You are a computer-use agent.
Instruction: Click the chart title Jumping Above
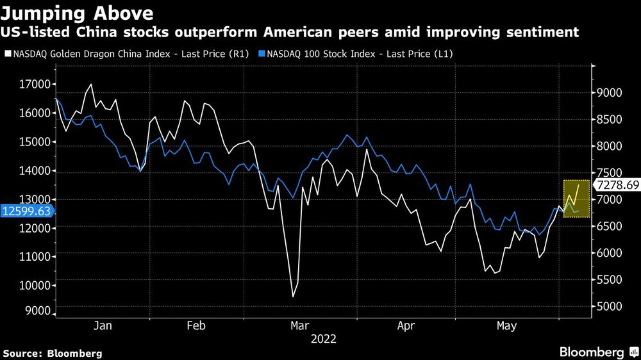tap(77, 13)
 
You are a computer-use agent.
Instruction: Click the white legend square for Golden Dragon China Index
tap(8, 54)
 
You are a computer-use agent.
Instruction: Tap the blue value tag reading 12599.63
tap(26, 211)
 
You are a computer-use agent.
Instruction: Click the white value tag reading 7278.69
tap(616, 185)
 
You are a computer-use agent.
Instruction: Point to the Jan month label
tap(103, 326)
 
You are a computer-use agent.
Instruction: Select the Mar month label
tap(300, 326)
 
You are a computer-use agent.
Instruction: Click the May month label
tap(506, 326)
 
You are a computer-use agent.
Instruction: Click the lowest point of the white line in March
tap(293, 296)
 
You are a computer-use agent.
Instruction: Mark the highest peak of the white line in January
tap(90, 84)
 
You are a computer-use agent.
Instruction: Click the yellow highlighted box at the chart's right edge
tap(576, 199)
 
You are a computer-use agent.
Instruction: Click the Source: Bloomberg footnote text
tap(53, 353)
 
